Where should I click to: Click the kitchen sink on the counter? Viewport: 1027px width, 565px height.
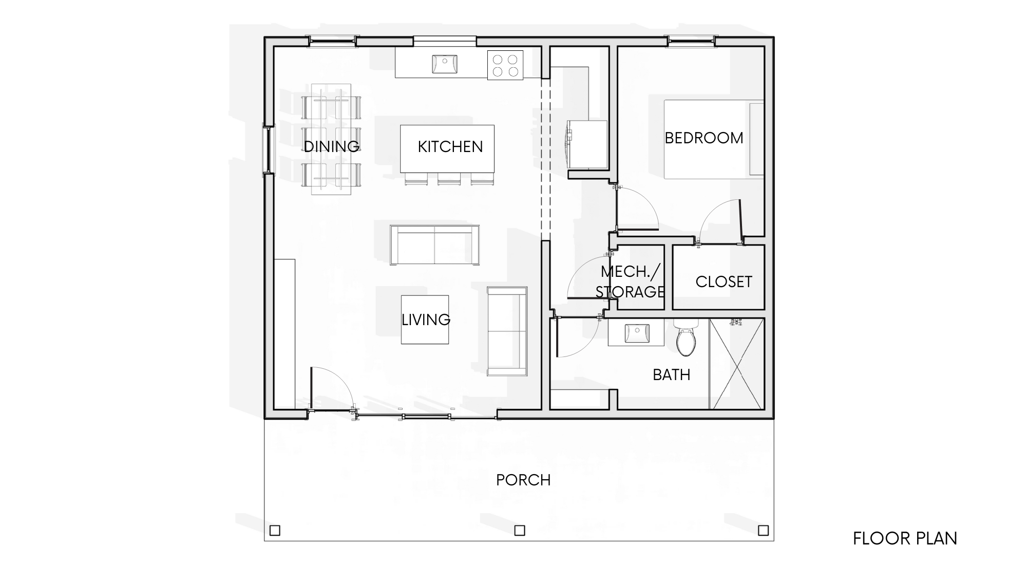pyautogui.click(x=445, y=64)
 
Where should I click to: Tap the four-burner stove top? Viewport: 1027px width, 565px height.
pyautogui.click(x=505, y=65)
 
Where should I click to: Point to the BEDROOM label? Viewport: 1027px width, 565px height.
pyautogui.click(x=704, y=138)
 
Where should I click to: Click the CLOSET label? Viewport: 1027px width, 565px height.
pyautogui.click(x=724, y=281)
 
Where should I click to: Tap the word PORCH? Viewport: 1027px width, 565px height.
pyautogui.click(x=523, y=480)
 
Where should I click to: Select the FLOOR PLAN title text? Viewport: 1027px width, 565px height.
pyautogui.click(x=905, y=538)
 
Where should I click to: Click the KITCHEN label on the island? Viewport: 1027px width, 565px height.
pyautogui.click(x=450, y=146)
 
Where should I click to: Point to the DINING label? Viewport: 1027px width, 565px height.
pyautogui.click(x=332, y=146)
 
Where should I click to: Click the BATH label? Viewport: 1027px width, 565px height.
pyautogui.click(x=671, y=375)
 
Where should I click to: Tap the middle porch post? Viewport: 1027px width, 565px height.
pyautogui.click(x=520, y=531)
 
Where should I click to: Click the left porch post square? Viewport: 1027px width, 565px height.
pyautogui.click(x=275, y=531)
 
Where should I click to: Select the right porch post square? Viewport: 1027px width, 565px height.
pyautogui.click(x=764, y=531)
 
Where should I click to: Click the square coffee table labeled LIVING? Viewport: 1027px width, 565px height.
pyautogui.click(x=425, y=319)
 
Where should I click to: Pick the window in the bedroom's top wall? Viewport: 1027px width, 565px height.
pyautogui.click(x=690, y=41)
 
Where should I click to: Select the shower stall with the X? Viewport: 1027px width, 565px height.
pyautogui.click(x=737, y=364)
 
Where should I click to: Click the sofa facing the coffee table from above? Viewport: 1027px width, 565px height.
pyautogui.click(x=434, y=245)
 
